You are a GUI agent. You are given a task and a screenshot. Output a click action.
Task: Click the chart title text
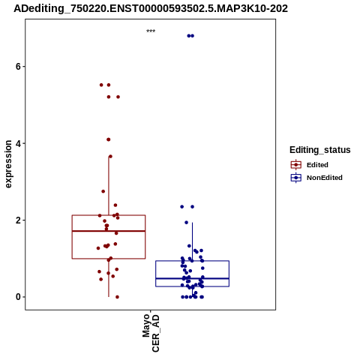coord(151,9)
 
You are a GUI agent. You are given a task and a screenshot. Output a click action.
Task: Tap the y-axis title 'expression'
coord(8,164)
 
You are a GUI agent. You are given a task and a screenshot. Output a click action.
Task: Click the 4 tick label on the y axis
coord(18,143)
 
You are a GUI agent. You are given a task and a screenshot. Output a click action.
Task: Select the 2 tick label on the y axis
coord(18,220)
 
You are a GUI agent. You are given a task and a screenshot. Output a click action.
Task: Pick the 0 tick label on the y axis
coord(18,297)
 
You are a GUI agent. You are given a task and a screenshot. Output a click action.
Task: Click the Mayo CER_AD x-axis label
coord(151,333)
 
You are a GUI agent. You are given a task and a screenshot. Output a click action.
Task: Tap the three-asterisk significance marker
coord(151,31)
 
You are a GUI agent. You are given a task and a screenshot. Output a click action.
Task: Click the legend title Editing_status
coord(320,150)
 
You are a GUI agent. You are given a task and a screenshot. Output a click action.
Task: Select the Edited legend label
coord(317,165)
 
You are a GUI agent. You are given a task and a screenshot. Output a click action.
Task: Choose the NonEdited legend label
coord(325,178)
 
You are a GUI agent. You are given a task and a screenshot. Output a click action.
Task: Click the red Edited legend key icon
coord(296,165)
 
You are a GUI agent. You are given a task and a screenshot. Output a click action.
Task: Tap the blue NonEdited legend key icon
coord(296,178)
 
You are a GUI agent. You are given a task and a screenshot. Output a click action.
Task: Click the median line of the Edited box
coord(109,231)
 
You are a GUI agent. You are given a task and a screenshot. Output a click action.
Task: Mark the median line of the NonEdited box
coord(192,278)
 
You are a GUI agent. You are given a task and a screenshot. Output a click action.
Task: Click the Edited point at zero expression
coord(117,297)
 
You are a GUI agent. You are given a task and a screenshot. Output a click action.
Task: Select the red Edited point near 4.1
coord(109,139)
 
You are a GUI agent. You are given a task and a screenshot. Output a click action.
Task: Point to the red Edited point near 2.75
coord(103,191)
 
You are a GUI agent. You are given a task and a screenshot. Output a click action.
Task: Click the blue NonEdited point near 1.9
coord(187,223)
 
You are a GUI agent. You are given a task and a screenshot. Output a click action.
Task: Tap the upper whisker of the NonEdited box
coord(192,241)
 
